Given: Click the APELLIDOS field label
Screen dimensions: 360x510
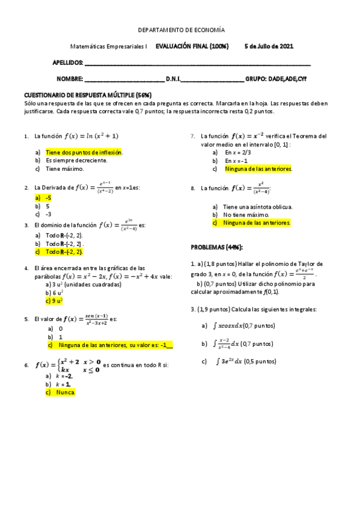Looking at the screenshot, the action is coord(68,63).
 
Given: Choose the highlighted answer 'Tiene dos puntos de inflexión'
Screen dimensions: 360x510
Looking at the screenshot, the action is coord(84,153).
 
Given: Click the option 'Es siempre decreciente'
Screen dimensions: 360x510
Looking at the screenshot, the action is coord(76,161).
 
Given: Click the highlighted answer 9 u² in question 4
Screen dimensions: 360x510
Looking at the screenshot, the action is coord(54,300).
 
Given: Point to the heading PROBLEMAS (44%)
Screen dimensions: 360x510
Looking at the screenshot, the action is coord(217,247).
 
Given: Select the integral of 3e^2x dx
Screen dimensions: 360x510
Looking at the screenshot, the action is coord(233,361).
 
